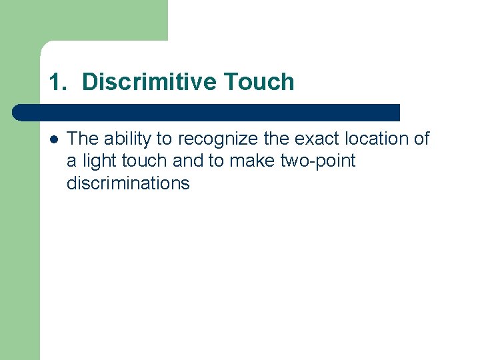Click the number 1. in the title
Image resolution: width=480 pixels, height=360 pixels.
59,82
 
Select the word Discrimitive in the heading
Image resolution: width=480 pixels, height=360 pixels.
149,82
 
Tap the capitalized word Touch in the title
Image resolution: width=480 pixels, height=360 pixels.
259,82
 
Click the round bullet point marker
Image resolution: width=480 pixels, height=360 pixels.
53,139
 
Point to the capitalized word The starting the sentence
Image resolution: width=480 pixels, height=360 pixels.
83,139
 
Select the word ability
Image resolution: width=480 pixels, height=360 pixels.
127,139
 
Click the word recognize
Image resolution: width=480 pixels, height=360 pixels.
213,139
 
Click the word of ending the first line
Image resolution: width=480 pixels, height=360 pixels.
422,139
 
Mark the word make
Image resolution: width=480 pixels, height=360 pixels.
248,161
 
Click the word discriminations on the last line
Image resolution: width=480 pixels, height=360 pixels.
128,183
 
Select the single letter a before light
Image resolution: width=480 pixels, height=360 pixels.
71,161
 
